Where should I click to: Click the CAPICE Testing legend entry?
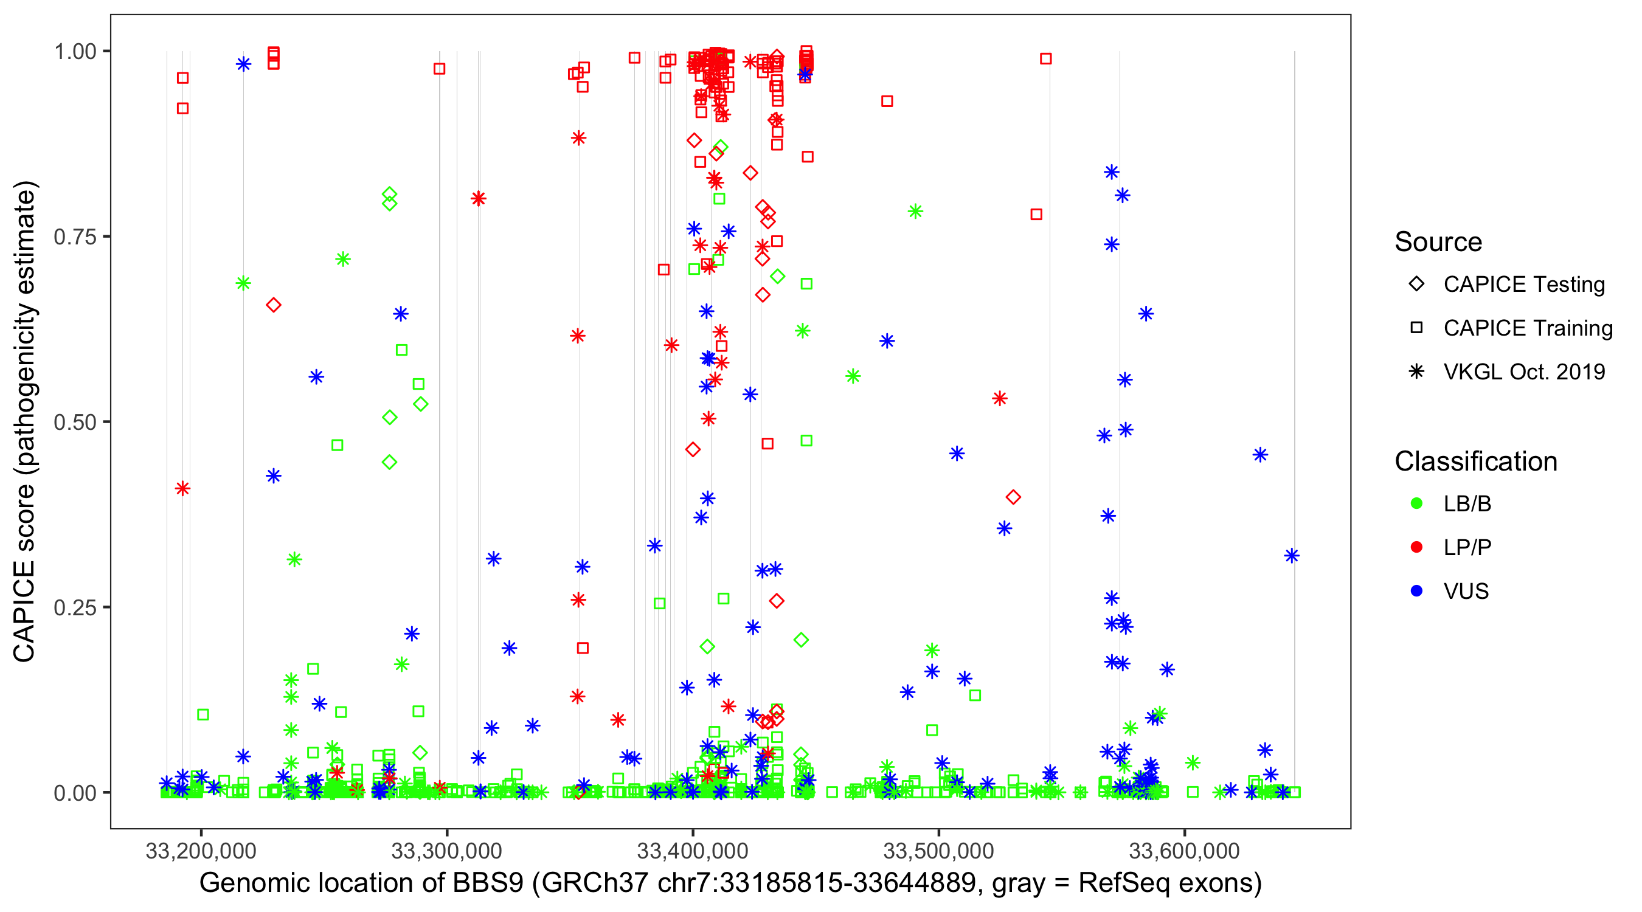coord(1523,285)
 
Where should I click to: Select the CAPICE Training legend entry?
coord(1527,328)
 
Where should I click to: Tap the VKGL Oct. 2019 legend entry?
coord(1523,371)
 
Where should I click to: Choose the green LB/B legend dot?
coord(1416,503)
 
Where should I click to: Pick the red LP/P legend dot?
coord(1416,547)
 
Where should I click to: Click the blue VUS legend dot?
coord(1416,591)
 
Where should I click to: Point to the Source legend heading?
coord(1438,242)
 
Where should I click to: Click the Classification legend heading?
coord(1475,461)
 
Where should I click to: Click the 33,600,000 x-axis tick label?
coord(1184,851)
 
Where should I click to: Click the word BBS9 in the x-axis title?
coord(488,883)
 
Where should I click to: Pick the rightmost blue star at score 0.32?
coord(1292,556)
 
